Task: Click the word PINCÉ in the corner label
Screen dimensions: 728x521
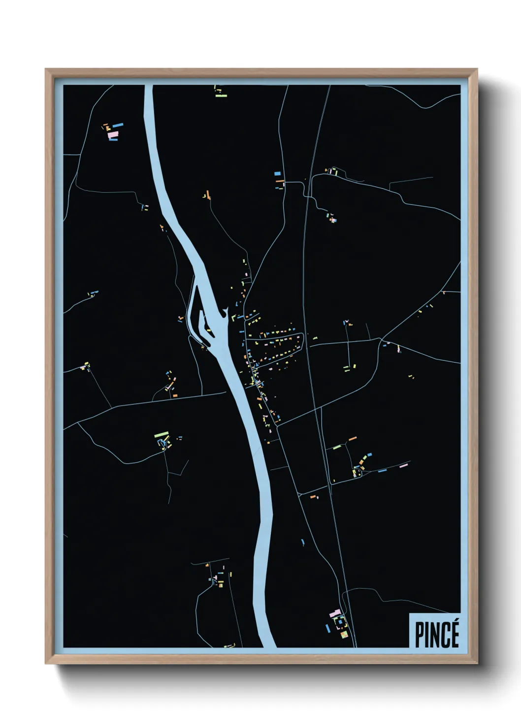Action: click(437, 634)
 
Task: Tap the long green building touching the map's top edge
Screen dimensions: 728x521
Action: click(221, 95)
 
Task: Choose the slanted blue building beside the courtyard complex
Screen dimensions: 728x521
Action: click(328, 628)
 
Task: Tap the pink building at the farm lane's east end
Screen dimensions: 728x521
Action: click(404, 465)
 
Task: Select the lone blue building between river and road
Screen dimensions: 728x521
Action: click(303, 542)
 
